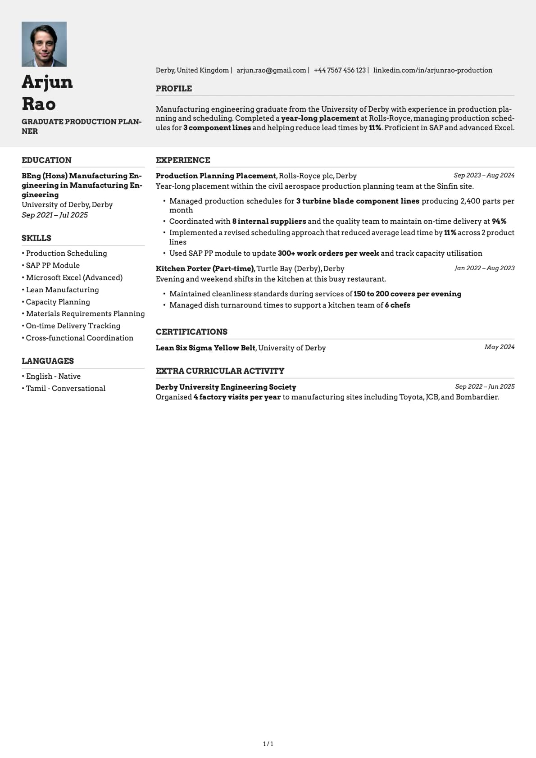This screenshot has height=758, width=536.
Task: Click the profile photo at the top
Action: point(44,44)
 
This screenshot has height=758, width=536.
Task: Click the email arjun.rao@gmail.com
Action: point(271,70)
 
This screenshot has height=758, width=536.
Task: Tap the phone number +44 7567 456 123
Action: point(340,70)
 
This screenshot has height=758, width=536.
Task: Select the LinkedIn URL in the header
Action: point(432,70)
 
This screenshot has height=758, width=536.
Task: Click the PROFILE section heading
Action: point(174,89)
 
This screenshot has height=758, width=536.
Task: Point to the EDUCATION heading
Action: point(46,160)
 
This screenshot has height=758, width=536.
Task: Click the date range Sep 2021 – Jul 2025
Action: point(55,215)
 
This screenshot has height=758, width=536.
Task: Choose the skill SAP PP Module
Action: point(53,266)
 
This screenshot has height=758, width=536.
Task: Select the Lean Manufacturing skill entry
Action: point(62,290)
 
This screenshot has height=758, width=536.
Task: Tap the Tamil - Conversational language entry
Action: point(66,389)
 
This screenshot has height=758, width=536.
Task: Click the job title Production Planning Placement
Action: point(216,176)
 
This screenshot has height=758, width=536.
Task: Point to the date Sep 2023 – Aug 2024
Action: point(484,176)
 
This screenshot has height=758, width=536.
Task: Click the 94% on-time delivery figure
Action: point(499,222)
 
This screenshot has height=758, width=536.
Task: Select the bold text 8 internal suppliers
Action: point(269,222)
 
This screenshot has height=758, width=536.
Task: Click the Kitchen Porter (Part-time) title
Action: point(205,269)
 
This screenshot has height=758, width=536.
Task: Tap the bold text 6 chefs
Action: point(397,305)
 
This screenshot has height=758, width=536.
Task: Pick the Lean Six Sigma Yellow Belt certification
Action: point(205,348)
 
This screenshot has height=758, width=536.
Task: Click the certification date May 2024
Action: point(499,347)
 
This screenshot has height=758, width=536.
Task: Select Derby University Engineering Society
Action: point(226,387)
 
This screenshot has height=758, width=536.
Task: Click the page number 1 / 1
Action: point(268,744)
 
